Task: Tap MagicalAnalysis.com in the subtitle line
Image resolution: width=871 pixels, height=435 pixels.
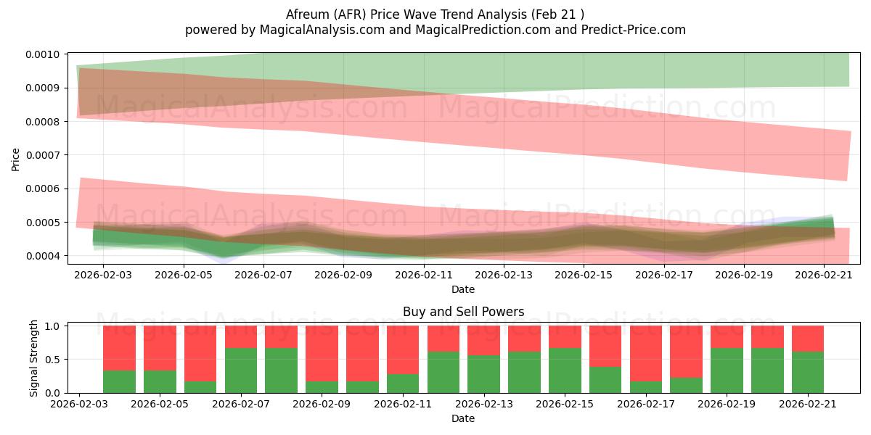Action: point(322,30)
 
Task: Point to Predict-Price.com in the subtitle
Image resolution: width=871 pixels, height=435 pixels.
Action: point(634,30)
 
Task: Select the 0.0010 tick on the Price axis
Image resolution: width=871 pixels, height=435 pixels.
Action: point(43,54)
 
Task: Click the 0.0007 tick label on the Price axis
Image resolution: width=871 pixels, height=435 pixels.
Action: point(43,155)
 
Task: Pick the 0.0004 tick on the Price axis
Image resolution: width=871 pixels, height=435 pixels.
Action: point(43,256)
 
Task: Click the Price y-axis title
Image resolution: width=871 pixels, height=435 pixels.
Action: point(15,159)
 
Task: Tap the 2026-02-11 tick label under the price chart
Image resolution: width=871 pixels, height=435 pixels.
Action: point(424,275)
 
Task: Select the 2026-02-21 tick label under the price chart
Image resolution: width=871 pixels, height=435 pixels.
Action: point(824,275)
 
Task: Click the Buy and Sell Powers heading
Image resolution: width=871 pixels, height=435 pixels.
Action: point(464,312)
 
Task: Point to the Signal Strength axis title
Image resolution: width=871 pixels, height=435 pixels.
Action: point(33,358)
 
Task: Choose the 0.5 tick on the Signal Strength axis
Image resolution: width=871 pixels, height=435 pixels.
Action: point(52,360)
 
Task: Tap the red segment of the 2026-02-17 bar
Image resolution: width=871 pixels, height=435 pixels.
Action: point(646,354)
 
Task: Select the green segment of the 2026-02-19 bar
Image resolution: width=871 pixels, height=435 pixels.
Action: point(727,370)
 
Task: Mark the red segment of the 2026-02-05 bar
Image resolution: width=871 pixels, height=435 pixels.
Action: point(160,348)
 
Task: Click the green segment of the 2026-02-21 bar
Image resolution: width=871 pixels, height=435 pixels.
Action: point(808,373)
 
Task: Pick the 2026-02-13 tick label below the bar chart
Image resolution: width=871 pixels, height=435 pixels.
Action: point(484,404)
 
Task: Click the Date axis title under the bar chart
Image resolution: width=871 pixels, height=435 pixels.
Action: point(463,418)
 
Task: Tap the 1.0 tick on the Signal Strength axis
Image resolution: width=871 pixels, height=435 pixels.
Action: point(52,326)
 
